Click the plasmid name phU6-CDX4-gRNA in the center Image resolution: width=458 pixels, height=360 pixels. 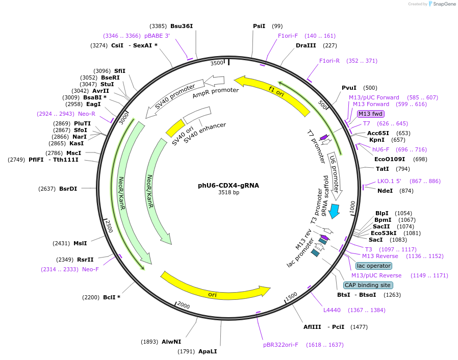(x=228, y=186)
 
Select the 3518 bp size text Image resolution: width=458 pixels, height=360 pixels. (x=228, y=193)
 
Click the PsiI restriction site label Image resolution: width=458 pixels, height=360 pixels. (x=259, y=26)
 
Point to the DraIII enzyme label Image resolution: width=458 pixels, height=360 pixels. (x=306, y=45)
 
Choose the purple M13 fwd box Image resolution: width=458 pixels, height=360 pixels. (x=370, y=114)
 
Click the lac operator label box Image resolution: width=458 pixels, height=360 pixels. (x=374, y=266)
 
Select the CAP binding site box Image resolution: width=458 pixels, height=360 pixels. (x=367, y=285)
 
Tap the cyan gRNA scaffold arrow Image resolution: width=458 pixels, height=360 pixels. (x=334, y=210)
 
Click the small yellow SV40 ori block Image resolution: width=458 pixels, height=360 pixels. (x=175, y=128)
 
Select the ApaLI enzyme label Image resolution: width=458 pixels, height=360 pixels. (x=207, y=351)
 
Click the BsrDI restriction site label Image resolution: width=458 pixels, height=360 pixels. (x=68, y=189)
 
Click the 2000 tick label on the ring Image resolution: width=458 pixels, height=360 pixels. (x=183, y=305)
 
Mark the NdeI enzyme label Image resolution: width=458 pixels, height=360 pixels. (x=385, y=191)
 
